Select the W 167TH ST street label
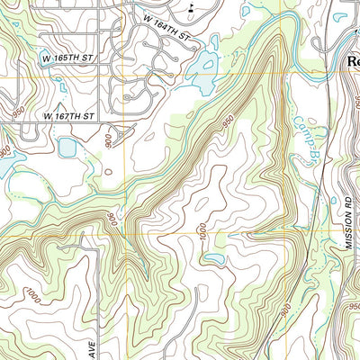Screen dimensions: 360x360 pyautogui.click(x=70, y=116)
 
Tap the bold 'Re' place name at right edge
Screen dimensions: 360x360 pyautogui.click(x=352, y=62)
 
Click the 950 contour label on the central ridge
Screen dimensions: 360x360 pyautogui.click(x=228, y=121)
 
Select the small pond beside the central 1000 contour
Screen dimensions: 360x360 pyautogui.click(x=213, y=259)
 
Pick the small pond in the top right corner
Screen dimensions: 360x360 pyautogui.click(x=340, y=16)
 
